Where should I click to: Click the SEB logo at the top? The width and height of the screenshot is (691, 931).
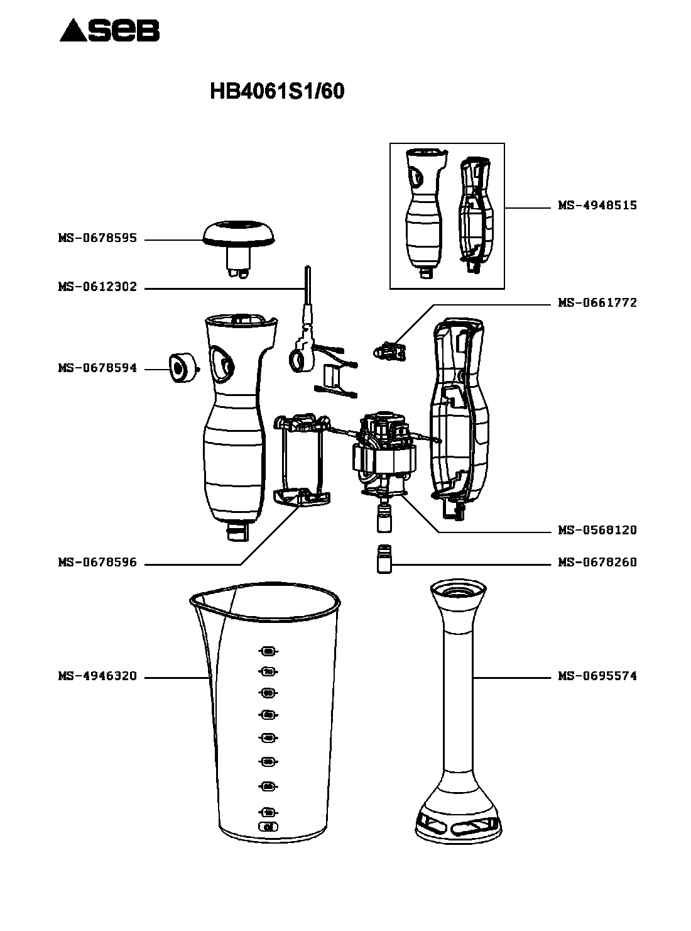110,30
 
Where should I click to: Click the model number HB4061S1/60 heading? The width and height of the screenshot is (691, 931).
276,92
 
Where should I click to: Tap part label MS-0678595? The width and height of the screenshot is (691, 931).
97,239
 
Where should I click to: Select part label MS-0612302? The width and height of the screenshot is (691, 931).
97,287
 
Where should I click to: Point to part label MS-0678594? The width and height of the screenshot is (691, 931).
97,368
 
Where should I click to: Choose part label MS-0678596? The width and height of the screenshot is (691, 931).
97,563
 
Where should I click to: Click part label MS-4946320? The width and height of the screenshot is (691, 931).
97,676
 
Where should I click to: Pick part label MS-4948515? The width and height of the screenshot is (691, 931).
597,206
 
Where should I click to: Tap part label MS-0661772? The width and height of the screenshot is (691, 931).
597,302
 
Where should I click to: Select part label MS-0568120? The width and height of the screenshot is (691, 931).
597,530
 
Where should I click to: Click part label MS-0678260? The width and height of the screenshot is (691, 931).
597,562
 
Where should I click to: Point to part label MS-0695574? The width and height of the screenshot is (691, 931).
597,676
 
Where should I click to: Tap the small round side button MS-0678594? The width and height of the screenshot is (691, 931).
180,368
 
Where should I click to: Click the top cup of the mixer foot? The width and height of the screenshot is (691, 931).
458,594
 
